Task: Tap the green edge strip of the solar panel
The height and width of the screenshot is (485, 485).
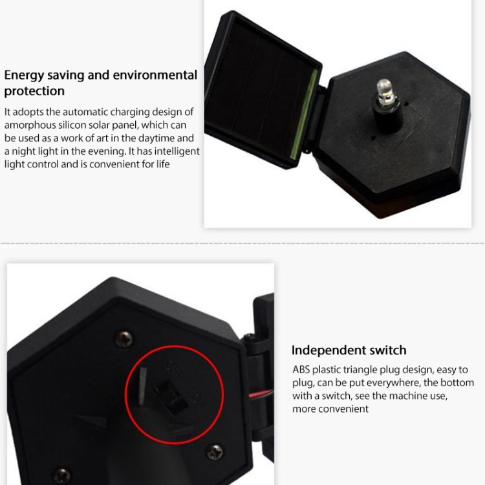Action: (305, 114)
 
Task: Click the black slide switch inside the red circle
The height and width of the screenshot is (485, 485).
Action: (171, 397)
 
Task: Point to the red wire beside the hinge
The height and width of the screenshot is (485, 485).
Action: (262, 394)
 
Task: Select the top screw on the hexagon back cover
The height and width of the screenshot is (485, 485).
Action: (124, 339)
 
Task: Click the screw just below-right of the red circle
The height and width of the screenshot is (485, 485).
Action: (215, 452)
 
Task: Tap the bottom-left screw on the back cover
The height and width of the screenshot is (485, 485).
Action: (62, 476)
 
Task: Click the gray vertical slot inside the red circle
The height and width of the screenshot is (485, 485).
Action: (143, 386)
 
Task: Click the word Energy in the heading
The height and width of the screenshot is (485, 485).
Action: (24, 76)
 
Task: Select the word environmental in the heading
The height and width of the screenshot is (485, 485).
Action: (155, 75)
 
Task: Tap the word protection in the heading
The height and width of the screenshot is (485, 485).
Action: (34, 92)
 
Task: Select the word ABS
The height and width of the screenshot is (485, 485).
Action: (301, 370)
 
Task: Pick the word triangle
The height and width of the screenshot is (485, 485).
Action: (360, 370)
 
